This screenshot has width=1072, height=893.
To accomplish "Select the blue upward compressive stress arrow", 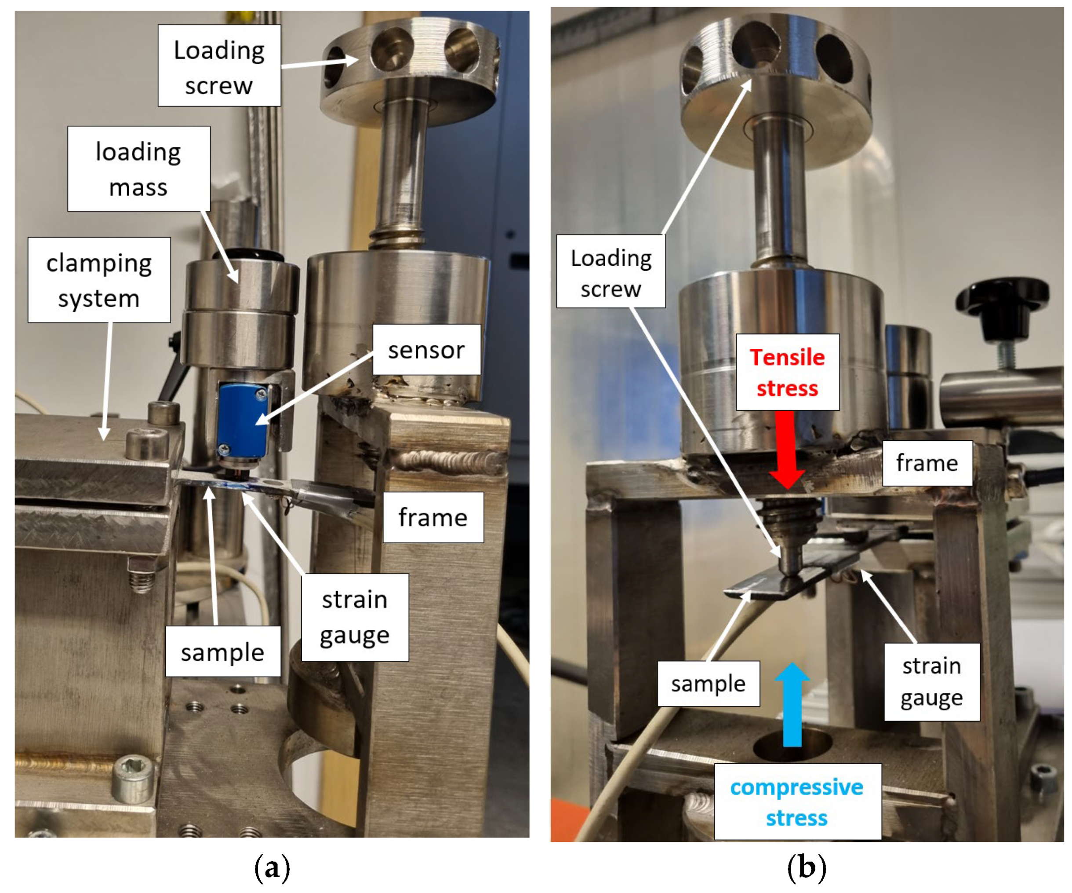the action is tap(792, 704).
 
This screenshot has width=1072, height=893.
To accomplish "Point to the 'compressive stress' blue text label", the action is tap(796, 802).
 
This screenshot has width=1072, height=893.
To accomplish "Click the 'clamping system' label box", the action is tap(99, 279).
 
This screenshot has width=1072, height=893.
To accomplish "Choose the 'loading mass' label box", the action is tap(139, 168).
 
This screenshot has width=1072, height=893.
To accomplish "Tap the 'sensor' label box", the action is tap(426, 350).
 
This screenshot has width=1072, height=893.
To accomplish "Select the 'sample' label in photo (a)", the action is tap(222, 651).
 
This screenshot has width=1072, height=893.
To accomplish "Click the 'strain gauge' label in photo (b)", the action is tap(932, 681).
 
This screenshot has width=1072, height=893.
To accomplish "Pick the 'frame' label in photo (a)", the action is tap(433, 517).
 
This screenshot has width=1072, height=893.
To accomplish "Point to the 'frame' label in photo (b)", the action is tap(927, 463).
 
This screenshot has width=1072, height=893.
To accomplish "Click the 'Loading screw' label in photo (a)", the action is tap(219, 66).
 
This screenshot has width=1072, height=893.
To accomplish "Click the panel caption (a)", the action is tap(272, 867).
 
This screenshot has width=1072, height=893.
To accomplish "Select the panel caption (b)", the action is tap(806, 867).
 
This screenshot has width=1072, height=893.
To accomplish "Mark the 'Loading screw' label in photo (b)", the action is tap(611, 271).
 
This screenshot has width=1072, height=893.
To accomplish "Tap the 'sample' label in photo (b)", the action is tap(709, 684).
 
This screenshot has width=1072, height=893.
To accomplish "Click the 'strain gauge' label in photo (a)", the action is tap(355, 617).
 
